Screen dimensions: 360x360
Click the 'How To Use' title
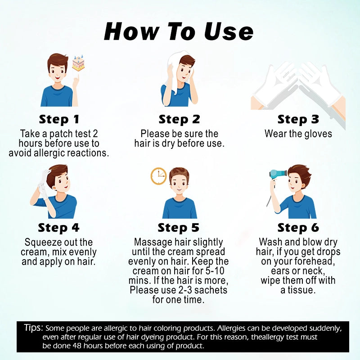coord(178,31)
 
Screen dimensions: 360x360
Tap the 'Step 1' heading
coord(59,119)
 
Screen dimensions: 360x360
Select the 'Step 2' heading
coord(179,119)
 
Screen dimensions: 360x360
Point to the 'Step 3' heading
coord(298,119)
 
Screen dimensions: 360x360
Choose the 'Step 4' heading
coord(59,228)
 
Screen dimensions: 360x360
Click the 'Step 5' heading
coord(178,228)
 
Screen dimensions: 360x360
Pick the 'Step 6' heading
coord(298,228)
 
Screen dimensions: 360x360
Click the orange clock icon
coord(158,176)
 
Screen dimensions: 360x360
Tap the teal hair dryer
coord(278,174)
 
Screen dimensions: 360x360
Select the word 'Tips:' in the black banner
coord(33,328)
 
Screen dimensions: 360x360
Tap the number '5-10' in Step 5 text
coord(215,271)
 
